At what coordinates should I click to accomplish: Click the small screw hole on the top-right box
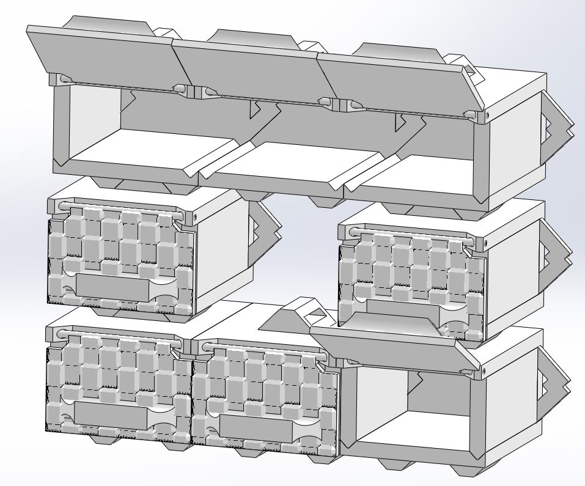(487, 113)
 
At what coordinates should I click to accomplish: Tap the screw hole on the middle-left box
(195, 215)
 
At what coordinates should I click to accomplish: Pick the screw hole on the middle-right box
(486, 243)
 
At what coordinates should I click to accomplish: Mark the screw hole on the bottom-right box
(485, 370)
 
